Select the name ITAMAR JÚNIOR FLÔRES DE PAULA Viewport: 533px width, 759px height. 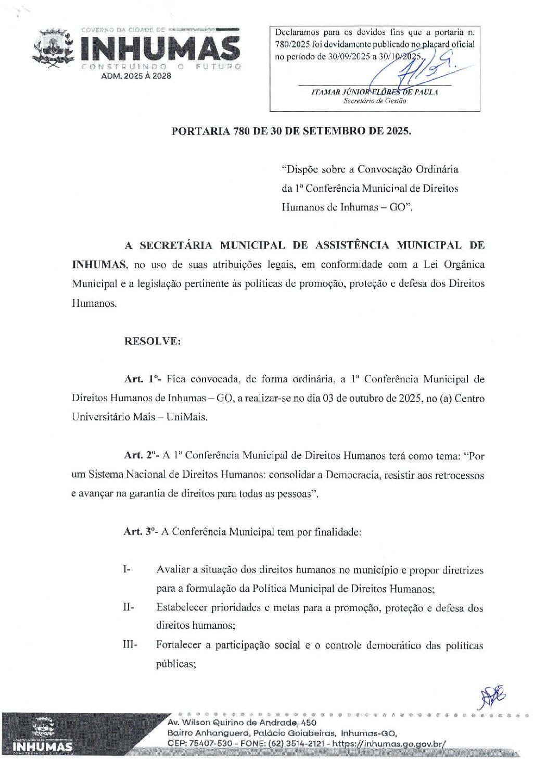[x=374, y=92]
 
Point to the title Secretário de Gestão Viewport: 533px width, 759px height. [x=374, y=101]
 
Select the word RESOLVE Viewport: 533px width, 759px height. [x=153, y=341]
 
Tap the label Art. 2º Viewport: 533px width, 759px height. [x=142, y=455]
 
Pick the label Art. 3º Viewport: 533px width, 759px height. [x=141, y=532]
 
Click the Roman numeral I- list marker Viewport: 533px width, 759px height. [x=126, y=569]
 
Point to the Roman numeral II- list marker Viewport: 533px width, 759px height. [x=128, y=607]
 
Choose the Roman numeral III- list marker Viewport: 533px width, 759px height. [x=130, y=645]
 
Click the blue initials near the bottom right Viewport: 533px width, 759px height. [x=492, y=696]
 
